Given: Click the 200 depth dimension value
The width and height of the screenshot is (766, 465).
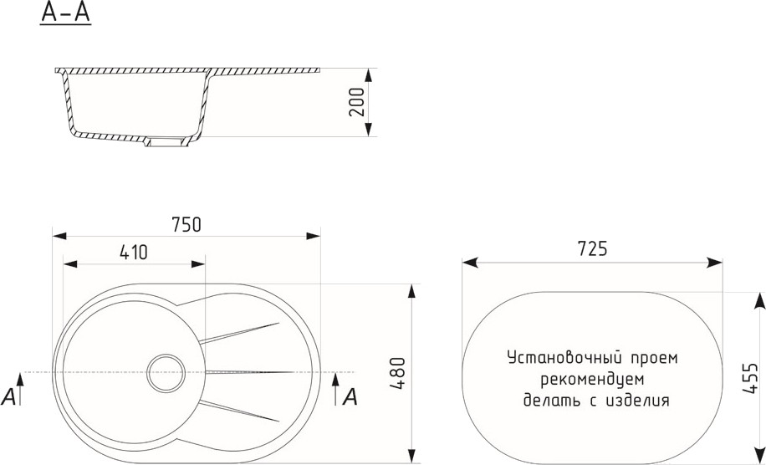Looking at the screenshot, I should pyautogui.click(x=356, y=101).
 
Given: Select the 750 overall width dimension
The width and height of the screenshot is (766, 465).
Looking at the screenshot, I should pyautogui.click(x=186, y=224).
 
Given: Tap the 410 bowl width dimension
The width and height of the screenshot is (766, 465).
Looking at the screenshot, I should pyautogui.click(x=134, y=251).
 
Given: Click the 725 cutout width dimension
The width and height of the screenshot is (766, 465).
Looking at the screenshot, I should pyautogui.click(x=592, y=248).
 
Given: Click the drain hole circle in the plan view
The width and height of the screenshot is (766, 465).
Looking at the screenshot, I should pyautogui.click(x=165, y=372).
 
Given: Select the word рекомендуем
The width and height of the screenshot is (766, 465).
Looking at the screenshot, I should pyautogui.click(x=593, y=379).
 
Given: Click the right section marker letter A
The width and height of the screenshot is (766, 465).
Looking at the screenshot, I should pyautogui.click(x=350, y=396).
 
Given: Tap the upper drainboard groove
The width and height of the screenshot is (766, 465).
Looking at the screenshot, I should pyautogui.click(x=239, y=331).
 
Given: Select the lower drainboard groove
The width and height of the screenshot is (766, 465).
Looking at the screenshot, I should pyautogui.click(x=239, y=411).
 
